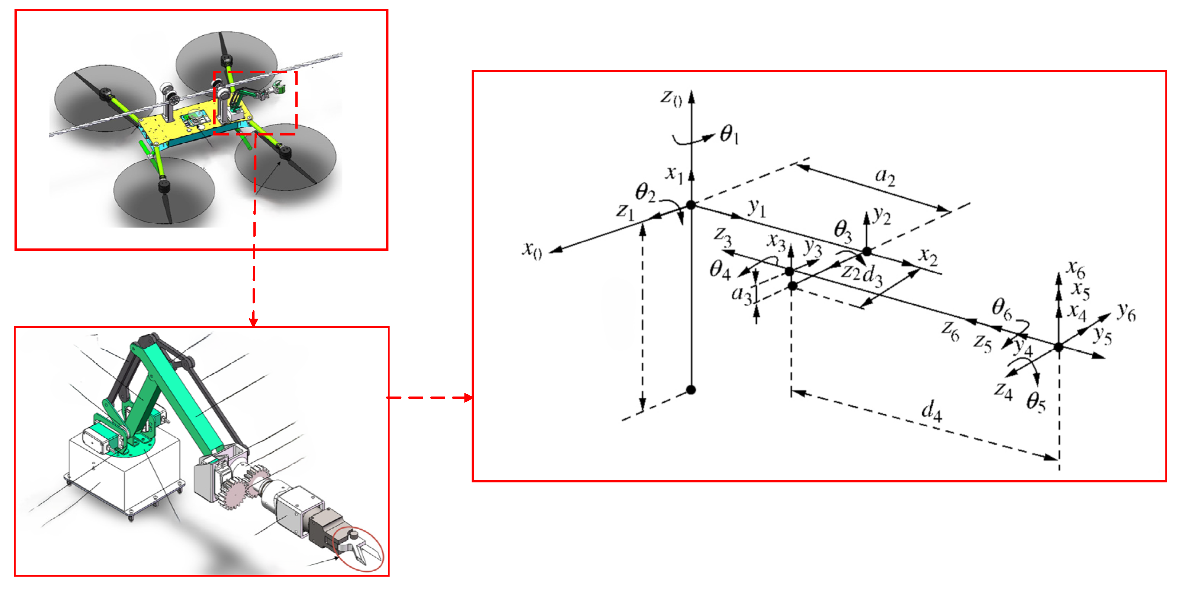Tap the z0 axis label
(671, 98)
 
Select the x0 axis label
(532, 250)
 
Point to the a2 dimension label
(885, 176)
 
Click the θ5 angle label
(1036, 402)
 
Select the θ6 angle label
(1001, 308)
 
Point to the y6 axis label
(1126, 312)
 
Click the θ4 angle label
(720, 269)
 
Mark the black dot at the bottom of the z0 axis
(691, 390)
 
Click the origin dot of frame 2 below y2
(867, 251)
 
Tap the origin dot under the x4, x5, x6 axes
(1059, 347)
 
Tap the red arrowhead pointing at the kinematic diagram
(468, 397)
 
